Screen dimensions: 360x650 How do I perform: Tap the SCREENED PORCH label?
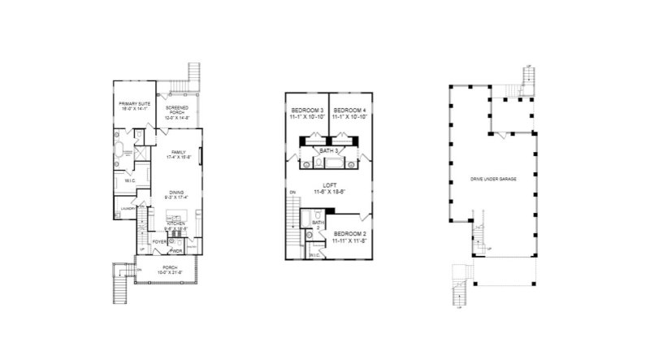coord(177,112)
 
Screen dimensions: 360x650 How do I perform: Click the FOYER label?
coord(160,241)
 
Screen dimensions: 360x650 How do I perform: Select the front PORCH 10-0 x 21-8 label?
coord(169,269)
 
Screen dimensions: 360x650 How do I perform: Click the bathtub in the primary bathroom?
coord(119,151)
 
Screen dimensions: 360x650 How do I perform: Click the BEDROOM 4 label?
coord(349,113)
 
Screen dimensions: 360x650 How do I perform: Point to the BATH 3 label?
coord(328,150)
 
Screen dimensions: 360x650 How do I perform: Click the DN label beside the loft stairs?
coord(291,192)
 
